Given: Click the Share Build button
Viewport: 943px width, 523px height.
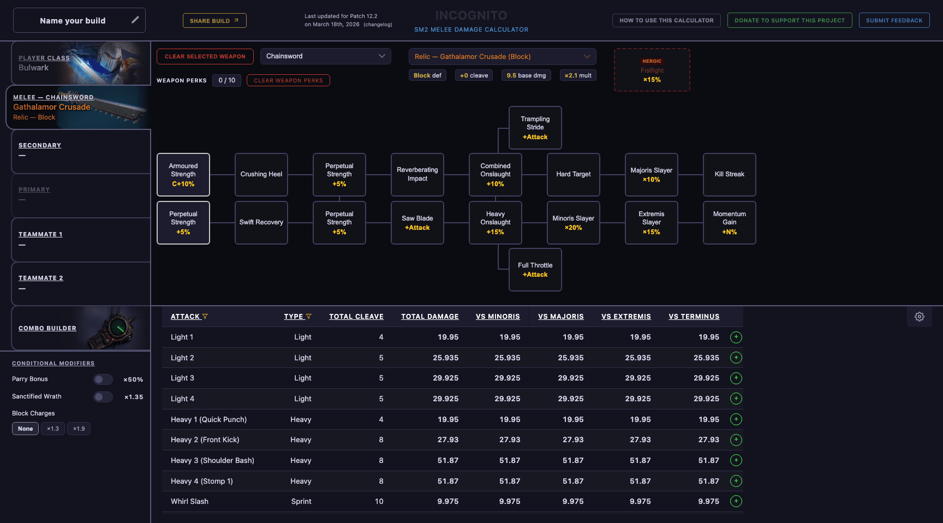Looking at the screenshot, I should (x=214, y=21).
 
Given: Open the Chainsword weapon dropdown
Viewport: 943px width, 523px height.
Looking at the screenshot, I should (x=325, y=56).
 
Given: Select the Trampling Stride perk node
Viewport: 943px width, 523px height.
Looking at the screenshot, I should (x=535, y=128).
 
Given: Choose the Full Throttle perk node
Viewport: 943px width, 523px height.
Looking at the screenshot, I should (x=535, y=270).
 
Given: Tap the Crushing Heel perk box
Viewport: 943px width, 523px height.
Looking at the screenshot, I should (x=261, y=175).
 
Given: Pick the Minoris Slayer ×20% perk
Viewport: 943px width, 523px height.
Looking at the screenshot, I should (x=573, y=223).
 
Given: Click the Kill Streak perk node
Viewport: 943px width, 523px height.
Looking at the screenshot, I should (x=729, y=175).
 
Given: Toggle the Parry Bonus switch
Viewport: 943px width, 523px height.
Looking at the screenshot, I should (x=103, y=379).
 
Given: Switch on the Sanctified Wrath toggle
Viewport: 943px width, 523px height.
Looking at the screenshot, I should (x=103, y=397).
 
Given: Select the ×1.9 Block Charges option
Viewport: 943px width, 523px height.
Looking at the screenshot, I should (x=79, y=429).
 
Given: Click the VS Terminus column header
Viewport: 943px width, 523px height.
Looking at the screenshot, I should (x=694, y=317).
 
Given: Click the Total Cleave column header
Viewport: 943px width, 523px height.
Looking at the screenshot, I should (x=356, y=317).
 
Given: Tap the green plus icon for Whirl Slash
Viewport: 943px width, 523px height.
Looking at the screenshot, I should (x=736, y=501).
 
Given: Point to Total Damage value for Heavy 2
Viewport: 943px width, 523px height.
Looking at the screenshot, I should (x=447, y=440).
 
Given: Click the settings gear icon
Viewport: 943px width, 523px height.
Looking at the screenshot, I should (x=920, y=317).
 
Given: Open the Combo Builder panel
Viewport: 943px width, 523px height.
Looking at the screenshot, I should (x=47, y=328).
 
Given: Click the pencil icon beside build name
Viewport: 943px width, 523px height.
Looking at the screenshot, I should (x=135, y=20).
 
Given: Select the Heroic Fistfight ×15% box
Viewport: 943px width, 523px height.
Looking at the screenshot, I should (x=652, y=70).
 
